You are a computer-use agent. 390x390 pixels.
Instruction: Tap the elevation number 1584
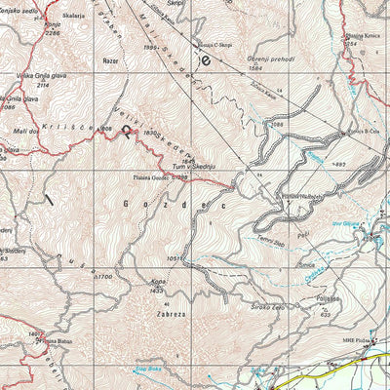click(256, 69)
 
